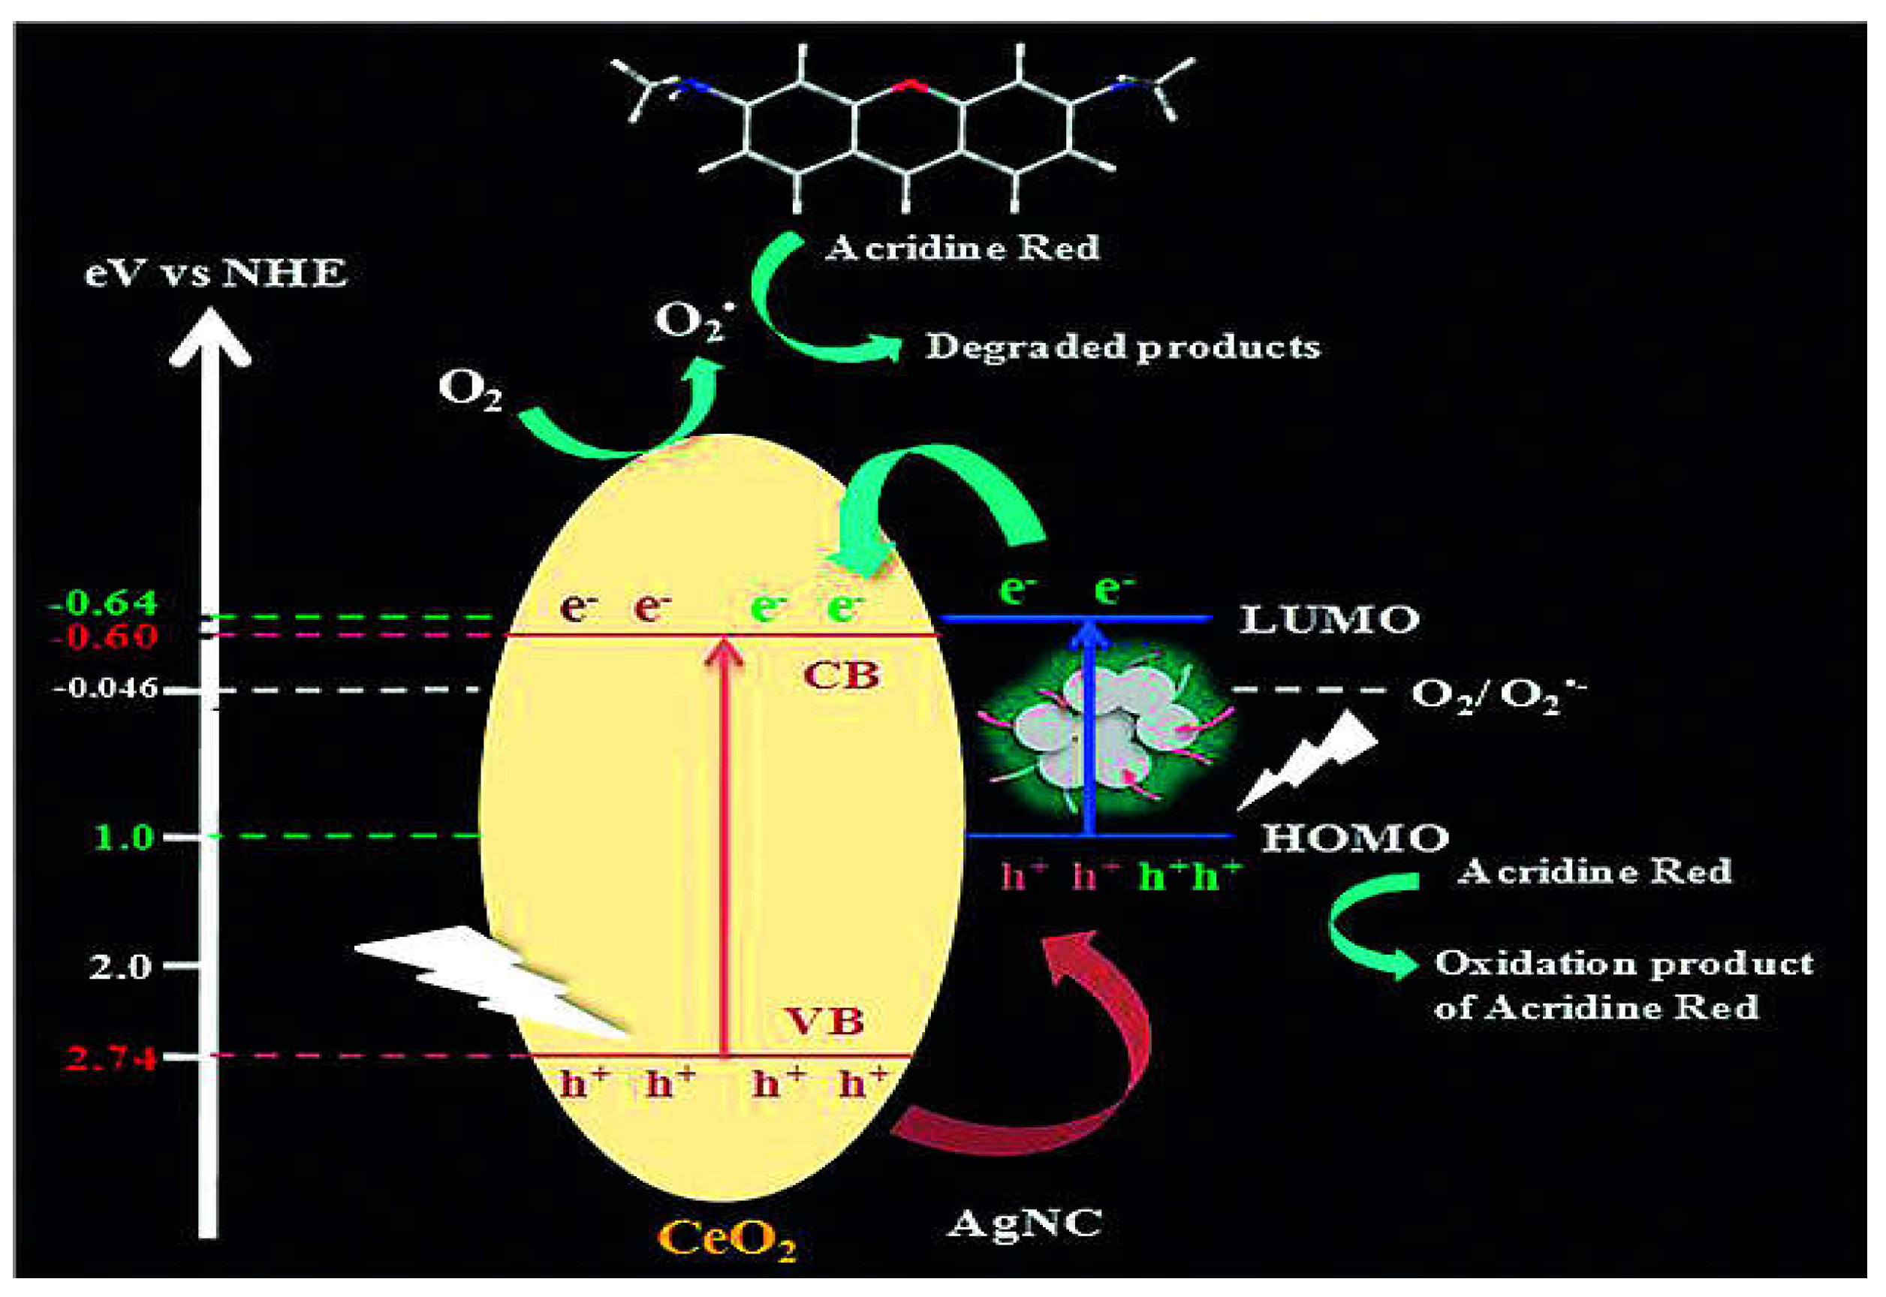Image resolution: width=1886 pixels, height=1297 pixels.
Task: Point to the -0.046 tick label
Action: click(x=105, y=689)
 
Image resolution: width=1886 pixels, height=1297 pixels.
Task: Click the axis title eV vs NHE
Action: click(x=215, y=274)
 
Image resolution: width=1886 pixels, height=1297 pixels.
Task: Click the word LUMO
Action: click(x=1329, y=620)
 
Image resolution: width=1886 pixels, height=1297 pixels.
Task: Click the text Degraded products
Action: click(x=1122, y=348)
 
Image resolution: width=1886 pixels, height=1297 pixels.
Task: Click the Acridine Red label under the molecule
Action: click(x=963, y=248)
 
